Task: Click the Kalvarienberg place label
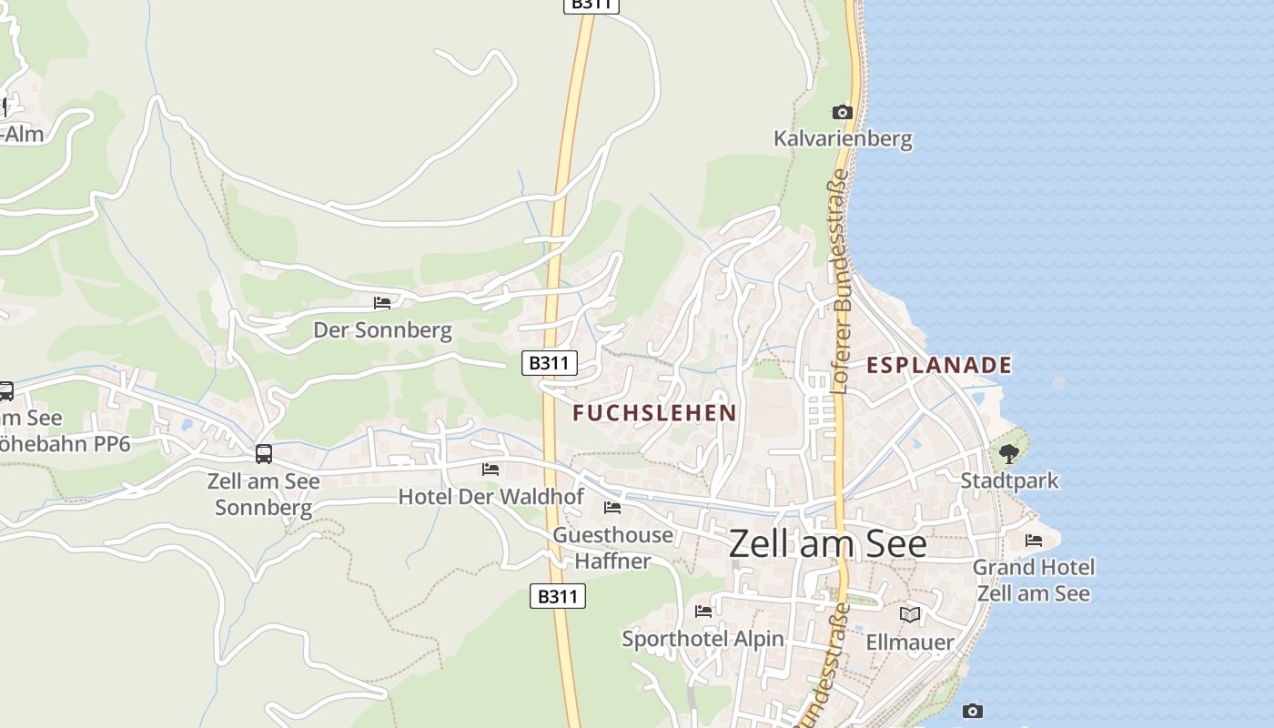coord(842,139)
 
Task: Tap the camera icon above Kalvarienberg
coord(843,113)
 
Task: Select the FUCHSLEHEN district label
coord(654,413)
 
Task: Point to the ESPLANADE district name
coord(938,365)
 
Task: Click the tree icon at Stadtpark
coord(1008,453)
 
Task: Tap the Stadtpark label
coord(1009,480)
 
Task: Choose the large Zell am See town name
coord(827,543)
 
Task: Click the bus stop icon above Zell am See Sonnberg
coord(264,453)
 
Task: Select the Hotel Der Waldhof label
coord(490,497)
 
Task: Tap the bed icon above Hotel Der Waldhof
coord(490,470)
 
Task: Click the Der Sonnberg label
coord(382,329)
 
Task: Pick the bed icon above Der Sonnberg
coord(382,302)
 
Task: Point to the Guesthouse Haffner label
coord(613,548)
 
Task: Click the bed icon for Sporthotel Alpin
coord(703,612)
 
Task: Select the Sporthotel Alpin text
coord(703,639)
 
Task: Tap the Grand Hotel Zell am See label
coord(1034,581)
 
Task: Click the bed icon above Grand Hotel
coord(1034,541)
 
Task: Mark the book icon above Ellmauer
coord(910,615)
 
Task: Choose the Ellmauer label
coord(910,642)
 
